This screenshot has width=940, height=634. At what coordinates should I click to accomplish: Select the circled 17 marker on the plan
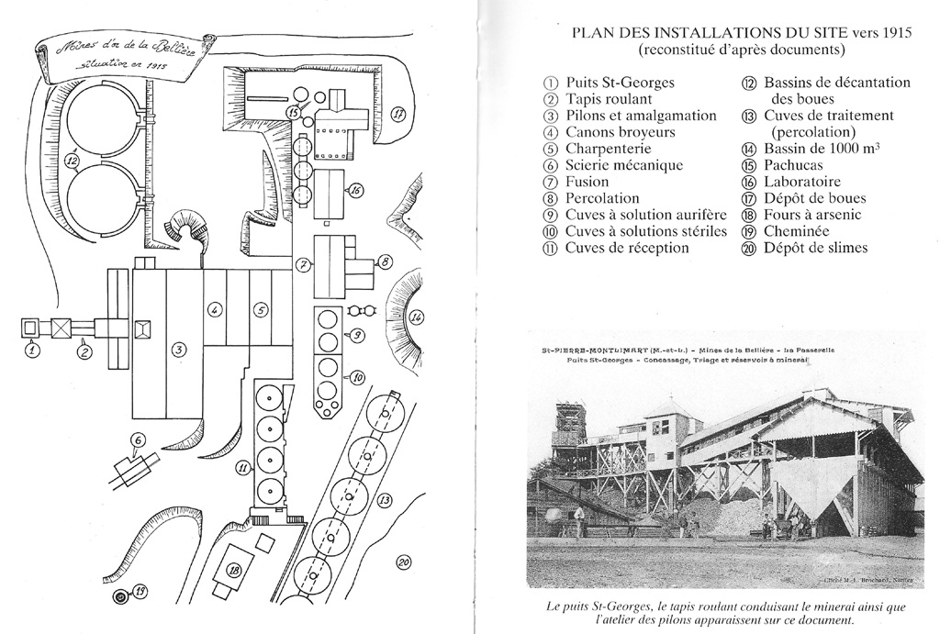tap(398, 115)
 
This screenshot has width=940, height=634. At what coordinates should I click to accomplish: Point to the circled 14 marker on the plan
tap(417, 317)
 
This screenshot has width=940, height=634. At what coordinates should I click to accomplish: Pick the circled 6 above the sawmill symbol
tap(138, 439)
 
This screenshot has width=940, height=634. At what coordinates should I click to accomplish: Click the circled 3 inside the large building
tap(180, 348)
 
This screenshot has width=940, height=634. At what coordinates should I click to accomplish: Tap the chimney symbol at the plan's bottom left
tap(119, 597)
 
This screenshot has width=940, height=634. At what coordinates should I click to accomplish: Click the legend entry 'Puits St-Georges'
tap(620, 83)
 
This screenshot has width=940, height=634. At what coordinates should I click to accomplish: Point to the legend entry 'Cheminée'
tap(796, 231)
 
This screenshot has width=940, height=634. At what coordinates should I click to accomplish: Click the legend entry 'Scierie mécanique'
tap(623, 165)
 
